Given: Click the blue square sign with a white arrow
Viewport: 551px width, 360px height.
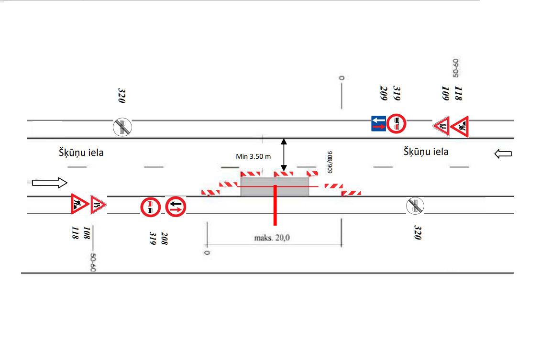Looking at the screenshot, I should click(x=379, y=124).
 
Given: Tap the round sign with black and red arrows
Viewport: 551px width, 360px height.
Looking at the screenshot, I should click(x=176, y=207).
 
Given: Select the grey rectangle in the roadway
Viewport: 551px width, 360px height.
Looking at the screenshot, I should click(x=275, y=186).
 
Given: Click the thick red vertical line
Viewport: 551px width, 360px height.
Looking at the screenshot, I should click(x=275, y=205).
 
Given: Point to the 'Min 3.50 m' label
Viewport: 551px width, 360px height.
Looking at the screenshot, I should click(x=253, y=156).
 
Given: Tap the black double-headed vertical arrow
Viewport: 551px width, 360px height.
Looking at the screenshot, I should click(x=284, y=155).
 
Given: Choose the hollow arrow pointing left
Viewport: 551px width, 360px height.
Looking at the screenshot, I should click(x=503, y=153).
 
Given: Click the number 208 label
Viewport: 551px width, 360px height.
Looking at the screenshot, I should click(x=164, y=239).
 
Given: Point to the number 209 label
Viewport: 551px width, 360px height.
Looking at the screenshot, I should click(x=384, y=93).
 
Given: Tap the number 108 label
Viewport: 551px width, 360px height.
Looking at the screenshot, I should click(x=87, y=233).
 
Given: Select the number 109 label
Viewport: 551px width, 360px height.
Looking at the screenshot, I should click(x=445, y=93).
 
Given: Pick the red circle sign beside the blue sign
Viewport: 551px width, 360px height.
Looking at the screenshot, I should click(x=396, y=124).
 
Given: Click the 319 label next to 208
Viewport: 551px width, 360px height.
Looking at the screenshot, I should click(x=153, y=239).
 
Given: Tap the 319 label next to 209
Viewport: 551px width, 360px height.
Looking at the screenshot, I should click(x=396, y=93).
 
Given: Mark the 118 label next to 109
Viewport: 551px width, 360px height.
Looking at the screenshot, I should click(x=458, y=93).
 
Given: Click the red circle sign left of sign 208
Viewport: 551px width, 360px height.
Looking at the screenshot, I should click(x=150, y=207).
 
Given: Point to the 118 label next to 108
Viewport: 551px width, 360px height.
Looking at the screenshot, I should click(x=75, y=233).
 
